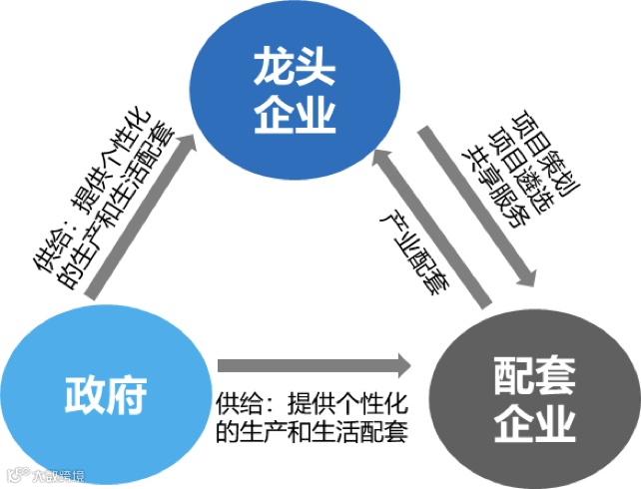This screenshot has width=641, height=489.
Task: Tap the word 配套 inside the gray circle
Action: (x=533, y=375)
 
